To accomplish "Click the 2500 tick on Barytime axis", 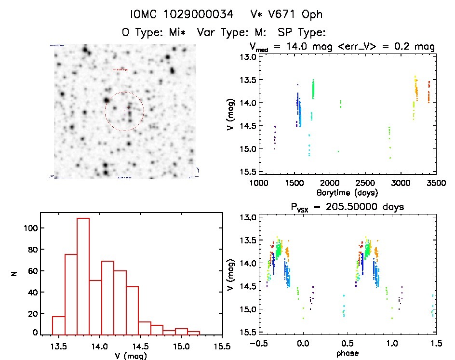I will (x=365, y=184).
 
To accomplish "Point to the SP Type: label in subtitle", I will (x=303, y=32).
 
